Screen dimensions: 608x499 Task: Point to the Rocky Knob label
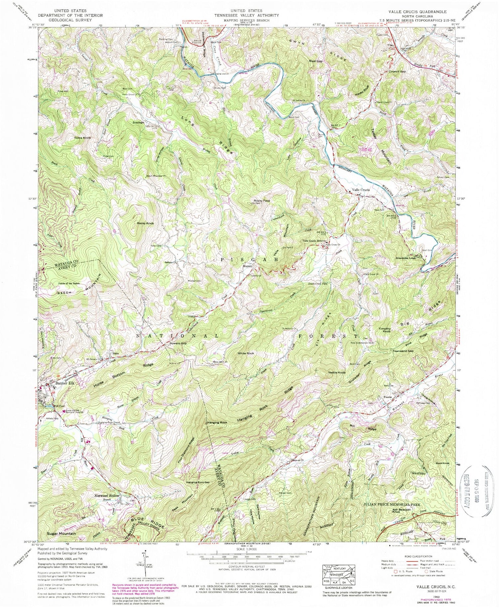(145, 224)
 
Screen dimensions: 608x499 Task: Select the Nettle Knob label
(337, 373)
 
